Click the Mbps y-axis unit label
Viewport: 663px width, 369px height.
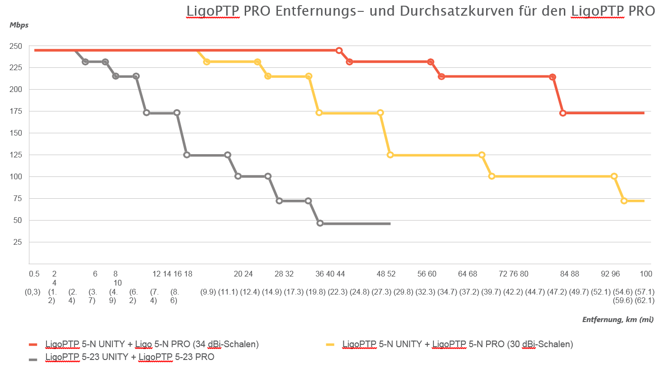click(19, 25)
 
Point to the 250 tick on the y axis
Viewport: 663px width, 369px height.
click(15, 46)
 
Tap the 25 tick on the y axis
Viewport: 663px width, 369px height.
click(17, 242)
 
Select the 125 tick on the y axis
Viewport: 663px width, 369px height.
click(15, 155)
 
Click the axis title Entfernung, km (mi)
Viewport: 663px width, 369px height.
click(618, 320)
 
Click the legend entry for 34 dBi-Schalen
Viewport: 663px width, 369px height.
click(152, 344)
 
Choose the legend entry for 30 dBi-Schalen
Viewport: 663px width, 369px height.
click(457, 344)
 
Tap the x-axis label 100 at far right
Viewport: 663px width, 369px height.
click(645, 274)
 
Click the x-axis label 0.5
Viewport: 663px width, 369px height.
click(34, 274)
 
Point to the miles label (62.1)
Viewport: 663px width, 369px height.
click(645, 300)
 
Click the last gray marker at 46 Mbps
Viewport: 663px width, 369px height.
click(320, 223)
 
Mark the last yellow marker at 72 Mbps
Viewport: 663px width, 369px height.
click(624, 201)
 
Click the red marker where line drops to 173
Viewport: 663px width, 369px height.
click(563, 113)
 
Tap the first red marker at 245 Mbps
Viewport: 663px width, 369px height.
click(339, 50)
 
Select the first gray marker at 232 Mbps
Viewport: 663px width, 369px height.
click(85, 62)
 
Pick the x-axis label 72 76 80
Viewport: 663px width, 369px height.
click(514, 274)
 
